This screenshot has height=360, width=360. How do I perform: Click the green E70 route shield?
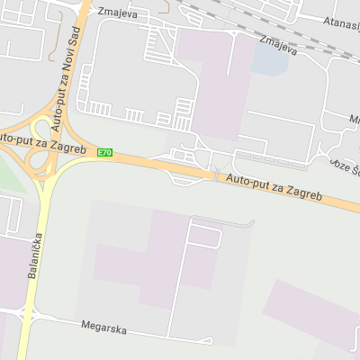coord(105,152)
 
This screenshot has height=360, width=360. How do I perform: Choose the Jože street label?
coord(343,167)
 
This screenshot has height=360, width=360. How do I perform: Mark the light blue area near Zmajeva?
coord(267,58)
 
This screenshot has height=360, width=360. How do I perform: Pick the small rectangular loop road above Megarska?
coord(204,237)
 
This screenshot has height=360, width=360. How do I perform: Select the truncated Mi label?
coord(354,118)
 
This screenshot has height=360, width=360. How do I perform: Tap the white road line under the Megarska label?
coord(135,336)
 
